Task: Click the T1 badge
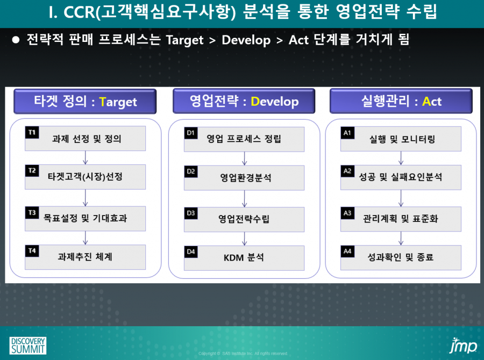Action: click(32, 132)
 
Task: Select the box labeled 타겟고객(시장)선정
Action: click(85, 177)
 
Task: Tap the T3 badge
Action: click(32, 213)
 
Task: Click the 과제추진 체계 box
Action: click(85, 257)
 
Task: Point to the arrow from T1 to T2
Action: click(86, 157)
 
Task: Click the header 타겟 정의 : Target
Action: click(85, 102)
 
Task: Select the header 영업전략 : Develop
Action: click(244, 101)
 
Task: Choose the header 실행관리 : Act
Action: click(401, 101)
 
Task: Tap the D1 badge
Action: click(191, 133)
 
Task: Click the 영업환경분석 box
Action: click(244, 178)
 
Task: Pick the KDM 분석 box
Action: click(244, 258)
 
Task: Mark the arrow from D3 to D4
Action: click(245, 239)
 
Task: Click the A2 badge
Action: click(347, 171)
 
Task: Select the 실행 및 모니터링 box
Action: click(401, 139)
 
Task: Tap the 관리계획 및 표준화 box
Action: click(401, 219)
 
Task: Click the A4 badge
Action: click(347, 251)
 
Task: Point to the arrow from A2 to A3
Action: click(401, 198)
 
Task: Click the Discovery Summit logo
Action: click(28, 345)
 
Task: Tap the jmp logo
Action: click(463, 345)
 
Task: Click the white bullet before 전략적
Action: click(16, 40)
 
